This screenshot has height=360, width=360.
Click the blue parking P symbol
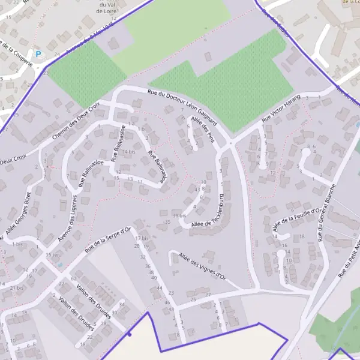38,55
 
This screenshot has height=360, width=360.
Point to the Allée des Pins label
202,128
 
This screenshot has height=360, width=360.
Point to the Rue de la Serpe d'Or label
108,239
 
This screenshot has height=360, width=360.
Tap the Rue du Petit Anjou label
349,259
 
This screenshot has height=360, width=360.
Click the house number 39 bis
179,215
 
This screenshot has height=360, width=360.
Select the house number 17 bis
142,238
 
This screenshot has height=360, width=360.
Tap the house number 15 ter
53,255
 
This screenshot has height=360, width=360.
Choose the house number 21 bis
17,288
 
